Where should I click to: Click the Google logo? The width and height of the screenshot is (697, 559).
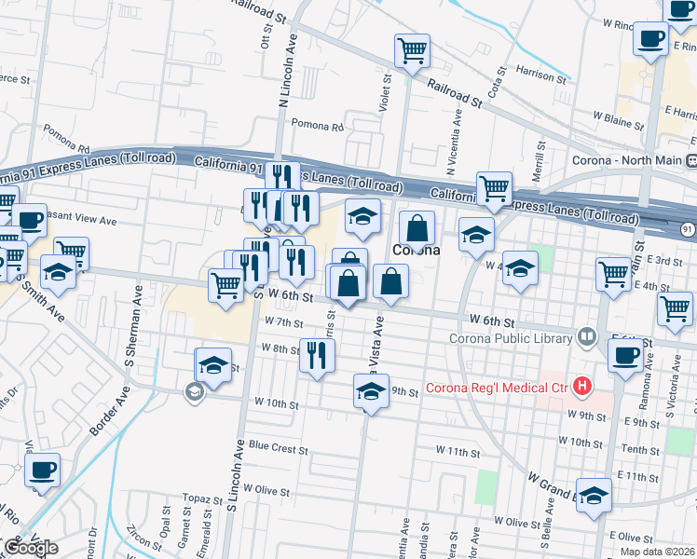pos(31,548)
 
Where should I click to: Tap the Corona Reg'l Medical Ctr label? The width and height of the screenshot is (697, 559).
pos(498,388)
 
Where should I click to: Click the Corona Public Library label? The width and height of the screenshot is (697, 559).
pos(511,337)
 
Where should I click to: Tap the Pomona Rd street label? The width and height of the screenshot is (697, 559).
pos(318,125)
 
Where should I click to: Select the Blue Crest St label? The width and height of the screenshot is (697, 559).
pos(278,447)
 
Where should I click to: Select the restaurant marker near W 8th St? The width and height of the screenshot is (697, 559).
pos(317,356)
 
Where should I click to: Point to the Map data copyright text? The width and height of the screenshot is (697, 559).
pos(658,552)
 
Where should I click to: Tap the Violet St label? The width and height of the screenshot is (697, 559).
pos(384,95)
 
